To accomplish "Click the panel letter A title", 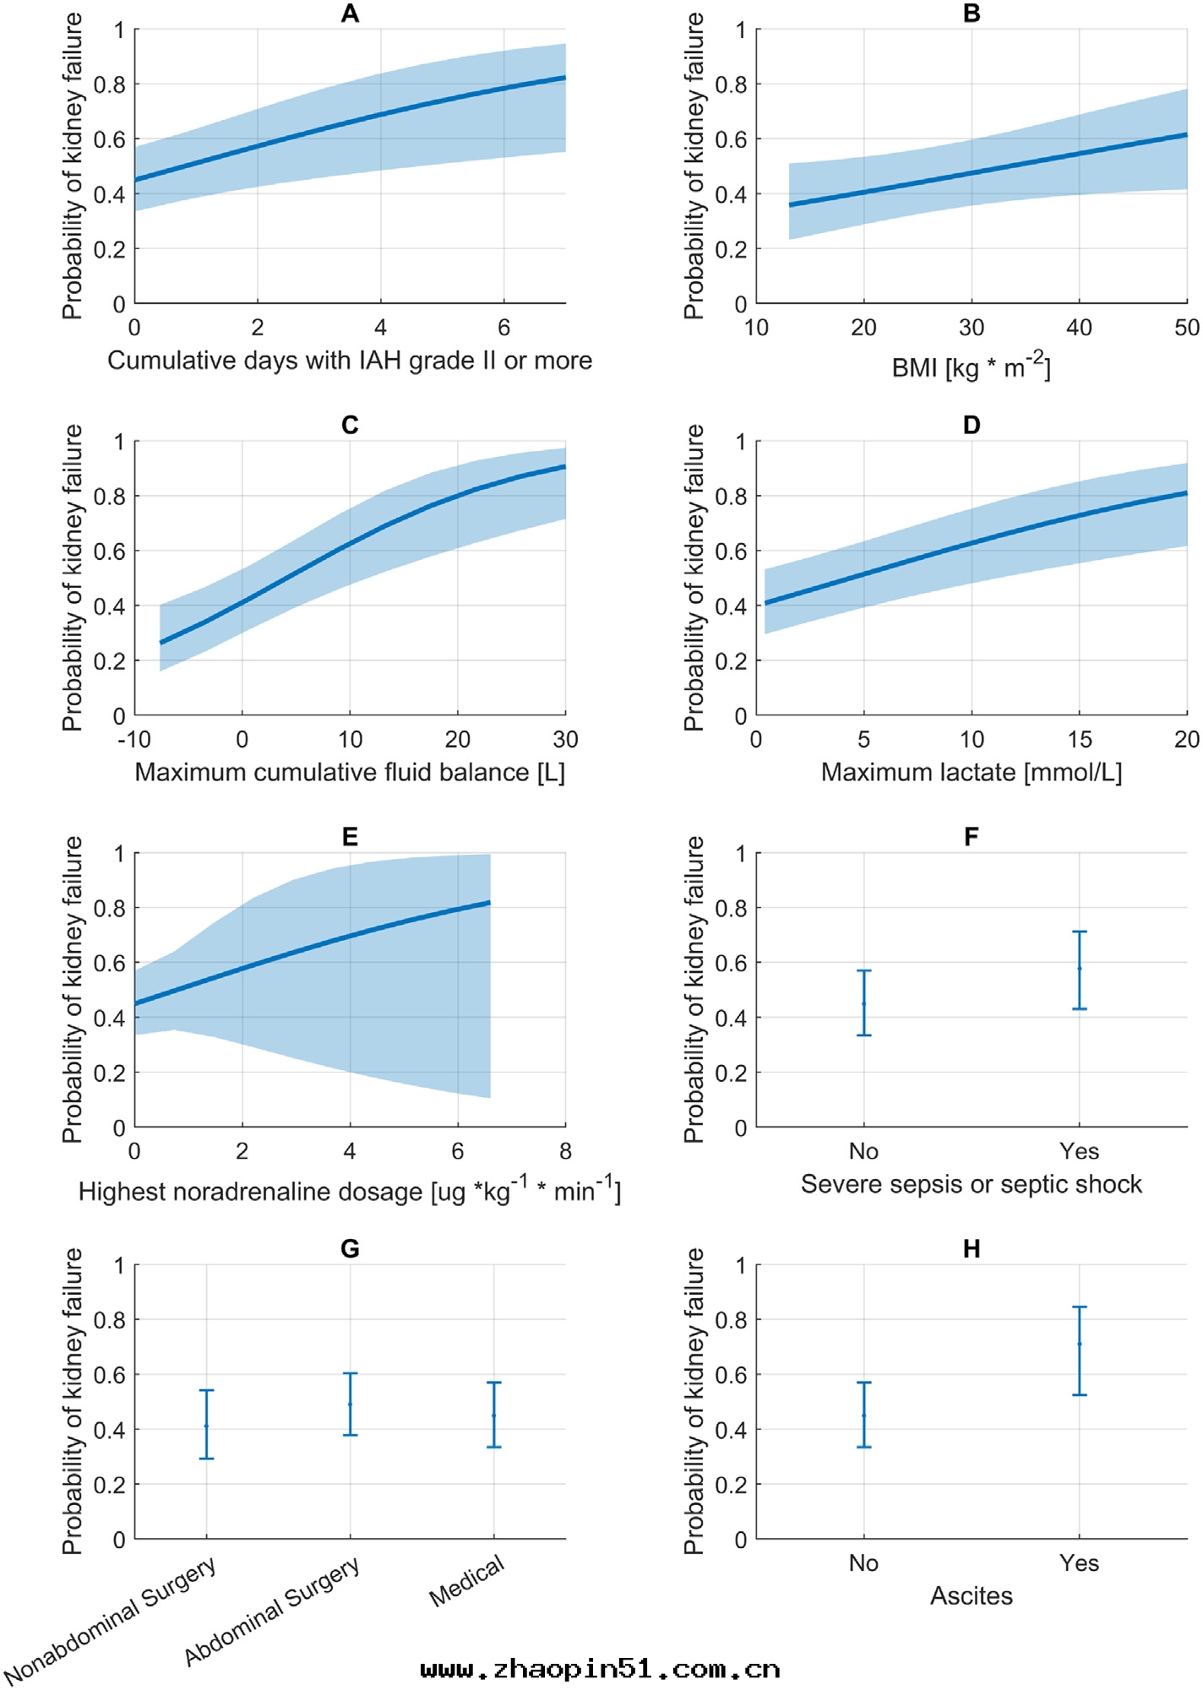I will point(350,14).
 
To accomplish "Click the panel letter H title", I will point(972,1248).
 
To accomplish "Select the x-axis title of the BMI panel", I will point(972,367).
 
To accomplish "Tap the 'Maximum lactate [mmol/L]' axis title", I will point(972,772).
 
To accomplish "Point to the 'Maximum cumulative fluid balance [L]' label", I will point(350,772).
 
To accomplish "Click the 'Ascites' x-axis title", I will point(972,1595).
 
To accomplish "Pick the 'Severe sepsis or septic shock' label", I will point(972,1184).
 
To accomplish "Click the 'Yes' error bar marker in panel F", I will point(1079,969).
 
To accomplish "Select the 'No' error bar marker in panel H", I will point(863,1416).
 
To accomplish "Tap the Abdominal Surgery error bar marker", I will point(350,1405).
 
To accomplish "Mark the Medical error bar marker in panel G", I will point(494,1416).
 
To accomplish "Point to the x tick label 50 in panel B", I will point(1187,328).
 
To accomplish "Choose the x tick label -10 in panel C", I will point(134,740).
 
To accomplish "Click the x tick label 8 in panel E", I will point(565,1151).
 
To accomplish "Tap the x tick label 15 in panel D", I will point(1079,740).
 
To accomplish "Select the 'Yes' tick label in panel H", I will point(1079,1563).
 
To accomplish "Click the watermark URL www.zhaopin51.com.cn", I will point(600,1669).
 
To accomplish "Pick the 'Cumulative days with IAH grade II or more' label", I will point(350,361).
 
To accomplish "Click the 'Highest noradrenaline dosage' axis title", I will point(350,1191).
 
